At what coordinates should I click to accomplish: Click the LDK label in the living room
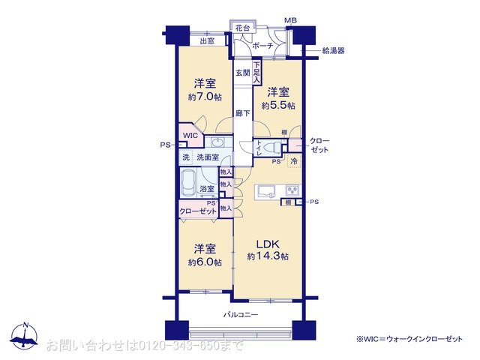[268, 244]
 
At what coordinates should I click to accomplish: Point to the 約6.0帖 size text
[205, 262]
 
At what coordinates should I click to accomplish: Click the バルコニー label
[241, 314]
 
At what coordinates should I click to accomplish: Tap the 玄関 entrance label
[241, 73]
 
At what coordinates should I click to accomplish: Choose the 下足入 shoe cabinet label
[256, 72]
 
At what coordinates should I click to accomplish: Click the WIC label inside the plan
[190, 136]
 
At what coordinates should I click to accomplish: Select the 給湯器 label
[334, 51]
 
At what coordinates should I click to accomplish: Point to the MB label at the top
[289, 20]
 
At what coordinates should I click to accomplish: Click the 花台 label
[242, 28]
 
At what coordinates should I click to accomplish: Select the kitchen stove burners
[291, 189]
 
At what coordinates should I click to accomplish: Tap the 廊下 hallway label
[241, 113]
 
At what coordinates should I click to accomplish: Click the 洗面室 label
[208, 157]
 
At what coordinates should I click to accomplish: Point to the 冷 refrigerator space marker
[295, 160]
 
